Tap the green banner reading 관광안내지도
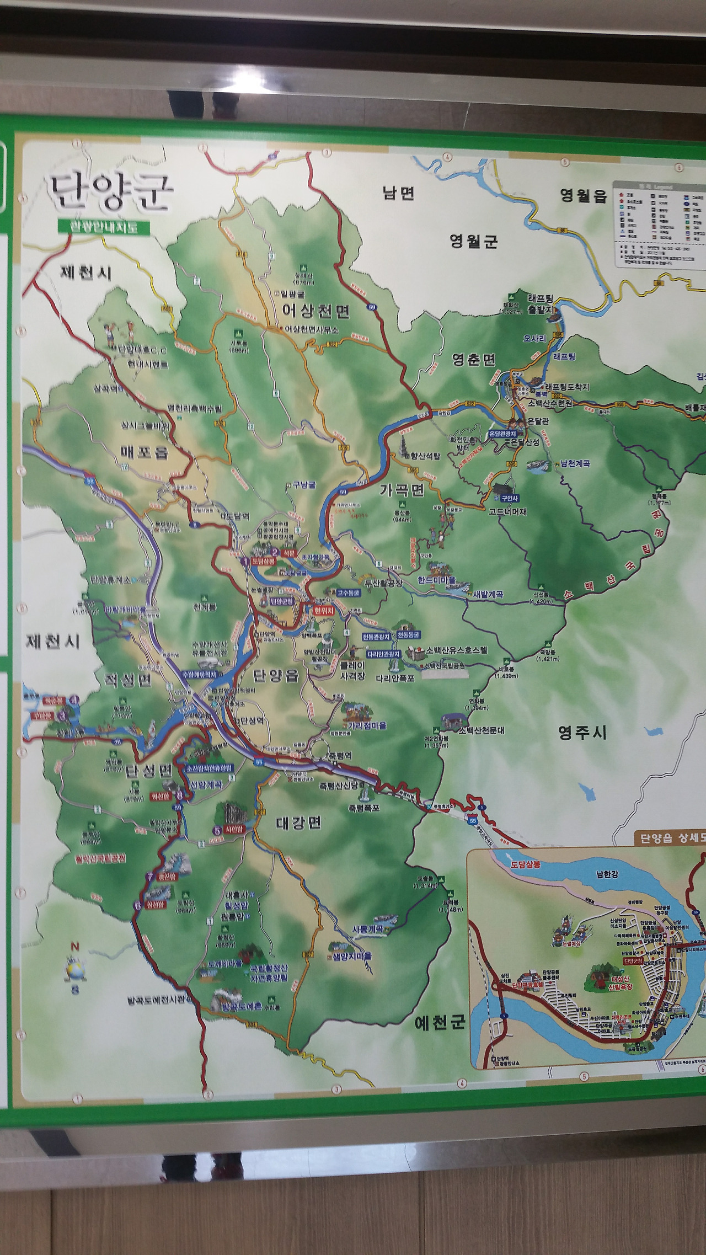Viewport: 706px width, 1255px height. point(103,227)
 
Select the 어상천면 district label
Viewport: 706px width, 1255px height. point(315,311)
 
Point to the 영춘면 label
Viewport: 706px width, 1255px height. point(474,360)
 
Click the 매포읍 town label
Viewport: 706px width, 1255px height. point(145,452)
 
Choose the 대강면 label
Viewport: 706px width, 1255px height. point(298,823)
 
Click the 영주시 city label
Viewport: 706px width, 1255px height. point(582,733)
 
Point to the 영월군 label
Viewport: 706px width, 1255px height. point(473,241)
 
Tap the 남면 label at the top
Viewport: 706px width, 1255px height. point(398,193)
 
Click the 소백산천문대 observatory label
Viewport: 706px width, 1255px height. point(482,730)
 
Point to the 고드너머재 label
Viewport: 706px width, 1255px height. point(507,511)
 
